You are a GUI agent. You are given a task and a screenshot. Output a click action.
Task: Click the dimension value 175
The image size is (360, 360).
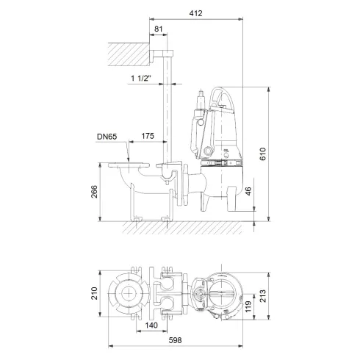(x=148, y=136)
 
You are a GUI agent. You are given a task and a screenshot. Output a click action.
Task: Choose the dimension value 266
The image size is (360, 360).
(x=95, y=192)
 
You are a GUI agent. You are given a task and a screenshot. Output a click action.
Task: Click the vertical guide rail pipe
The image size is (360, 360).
(x=169, y=110)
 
